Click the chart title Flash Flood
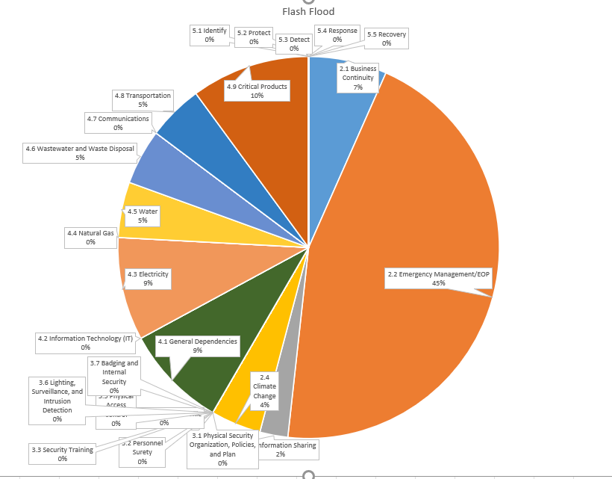[x=308, y=11]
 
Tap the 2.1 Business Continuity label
[x=358, y=78]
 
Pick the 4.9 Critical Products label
[x=257, y=90]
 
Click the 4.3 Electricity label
[x=148, y=278]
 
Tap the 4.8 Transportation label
[x=142, y=99]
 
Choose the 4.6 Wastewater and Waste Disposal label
[x=80, y=152]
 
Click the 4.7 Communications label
[x=117, y=123]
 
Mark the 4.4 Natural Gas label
[x=90, y=237]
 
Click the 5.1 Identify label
[x=209, y=34]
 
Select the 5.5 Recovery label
[x=386, y=38]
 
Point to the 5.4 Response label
[x=337, y=34]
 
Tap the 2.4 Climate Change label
[x=264, y=391]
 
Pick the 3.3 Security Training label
[x=62, y=454]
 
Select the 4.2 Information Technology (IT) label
[x=85, y=342]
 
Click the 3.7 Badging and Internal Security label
[x=114, y=376]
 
